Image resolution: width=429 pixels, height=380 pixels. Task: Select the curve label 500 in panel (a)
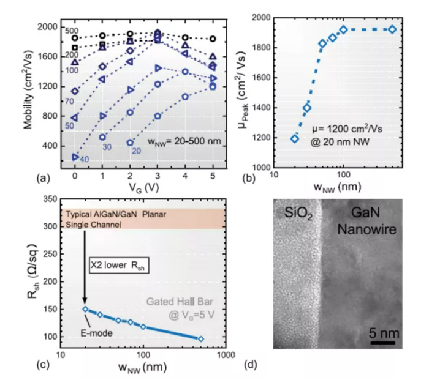(x=70, y=29)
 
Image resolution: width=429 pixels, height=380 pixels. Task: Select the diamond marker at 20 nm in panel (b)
(x=295, y=138)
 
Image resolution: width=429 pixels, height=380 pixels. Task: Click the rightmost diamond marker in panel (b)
(x=393, y=29)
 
